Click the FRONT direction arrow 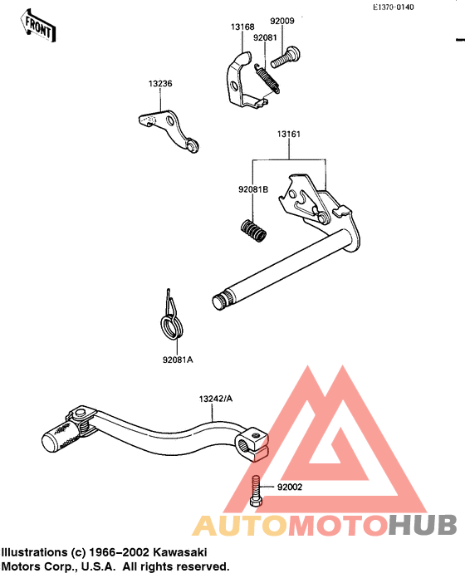pyautogui.click(x=37, y=26)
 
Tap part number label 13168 pyautogui.click(x=242, y=27)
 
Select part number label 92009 pyautogui.click(x=282, y=21)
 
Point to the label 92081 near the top pyautogui.click(x=265, y=37)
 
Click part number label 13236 pyautogui.click(x=160, y=84)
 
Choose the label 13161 pyautogui.click(x=289, y=135)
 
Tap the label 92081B pyautogui.click(x=253, y=189)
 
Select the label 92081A pyautogui.click(x=178, y=360)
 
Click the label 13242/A pyautogui.click(x=216, y=399)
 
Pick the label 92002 pyautogui.click(x=290, y=487)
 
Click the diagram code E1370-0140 pyautogui.click(x=394, y=7)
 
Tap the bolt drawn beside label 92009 pyautogui.click(x=286, y=57)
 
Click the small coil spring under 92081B pyautogui.click(x=252, y=231)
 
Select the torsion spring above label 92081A pyautogui.click(x=171, y=317)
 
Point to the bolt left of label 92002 pyautogui.click(x=256, y=491)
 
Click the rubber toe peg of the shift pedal pyautogui.click(x=61, y=437)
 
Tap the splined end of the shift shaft pyautogui.click(x=223, y=300)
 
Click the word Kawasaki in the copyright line pyautogui.click(x=180, y=552)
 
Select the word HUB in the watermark pyautogui.click(x=423, y=525)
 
